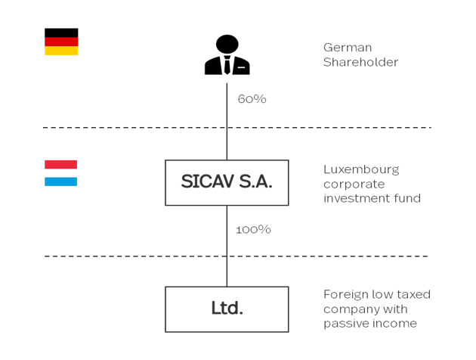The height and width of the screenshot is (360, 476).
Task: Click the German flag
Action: coord(61,42)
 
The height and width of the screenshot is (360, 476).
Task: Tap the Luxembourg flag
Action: coord(60,173)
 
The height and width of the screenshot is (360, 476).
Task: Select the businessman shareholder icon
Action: coord(227,55)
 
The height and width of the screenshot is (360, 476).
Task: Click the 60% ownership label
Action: coord(252,99)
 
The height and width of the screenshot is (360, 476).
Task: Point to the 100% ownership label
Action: coord(253,229)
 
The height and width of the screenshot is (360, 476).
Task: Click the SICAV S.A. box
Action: coord(227,182)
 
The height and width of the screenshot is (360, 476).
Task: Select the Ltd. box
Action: coord(227,309)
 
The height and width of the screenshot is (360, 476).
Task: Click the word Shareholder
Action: coord(360,62)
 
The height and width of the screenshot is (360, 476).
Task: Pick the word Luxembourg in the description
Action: coord(361,169)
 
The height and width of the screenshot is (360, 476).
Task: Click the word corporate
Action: coord(354,184)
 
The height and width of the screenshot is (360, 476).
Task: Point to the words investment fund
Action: coord(372,198)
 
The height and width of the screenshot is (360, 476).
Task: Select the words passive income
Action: coord(369,324)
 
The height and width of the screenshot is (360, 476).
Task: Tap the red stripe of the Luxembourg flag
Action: coord(60,164)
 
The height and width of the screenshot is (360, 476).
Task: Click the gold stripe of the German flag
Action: coord(61,51)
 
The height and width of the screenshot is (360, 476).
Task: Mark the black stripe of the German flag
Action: coord(61,33)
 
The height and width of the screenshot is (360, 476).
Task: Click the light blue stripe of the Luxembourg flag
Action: coord(60,182)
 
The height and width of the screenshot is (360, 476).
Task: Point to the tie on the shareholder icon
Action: coord(227,64)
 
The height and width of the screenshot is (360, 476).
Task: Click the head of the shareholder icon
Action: coord(227,44)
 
